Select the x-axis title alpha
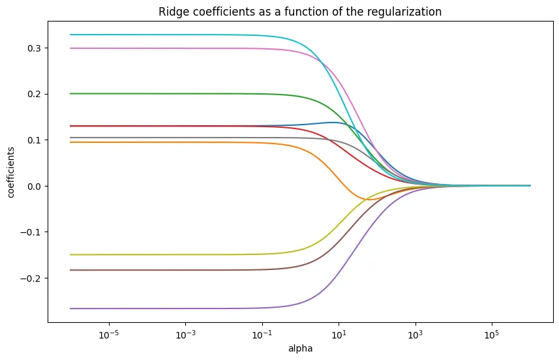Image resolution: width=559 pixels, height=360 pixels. (x=300, y=348)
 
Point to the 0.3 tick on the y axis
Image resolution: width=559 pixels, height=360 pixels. (x=35, y=48)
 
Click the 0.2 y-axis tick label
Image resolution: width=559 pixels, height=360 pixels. (x=35, y=94)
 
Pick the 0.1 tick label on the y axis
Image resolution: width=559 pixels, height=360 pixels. (x=35, y=140)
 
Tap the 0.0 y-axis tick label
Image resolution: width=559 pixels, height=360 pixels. (x=35, y=186)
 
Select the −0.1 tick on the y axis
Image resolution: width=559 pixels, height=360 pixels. (x=32, y=232)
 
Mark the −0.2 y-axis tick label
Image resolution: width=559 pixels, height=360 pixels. (x=32, y=278)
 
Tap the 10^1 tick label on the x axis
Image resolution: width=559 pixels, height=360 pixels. (x=338, y=333)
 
